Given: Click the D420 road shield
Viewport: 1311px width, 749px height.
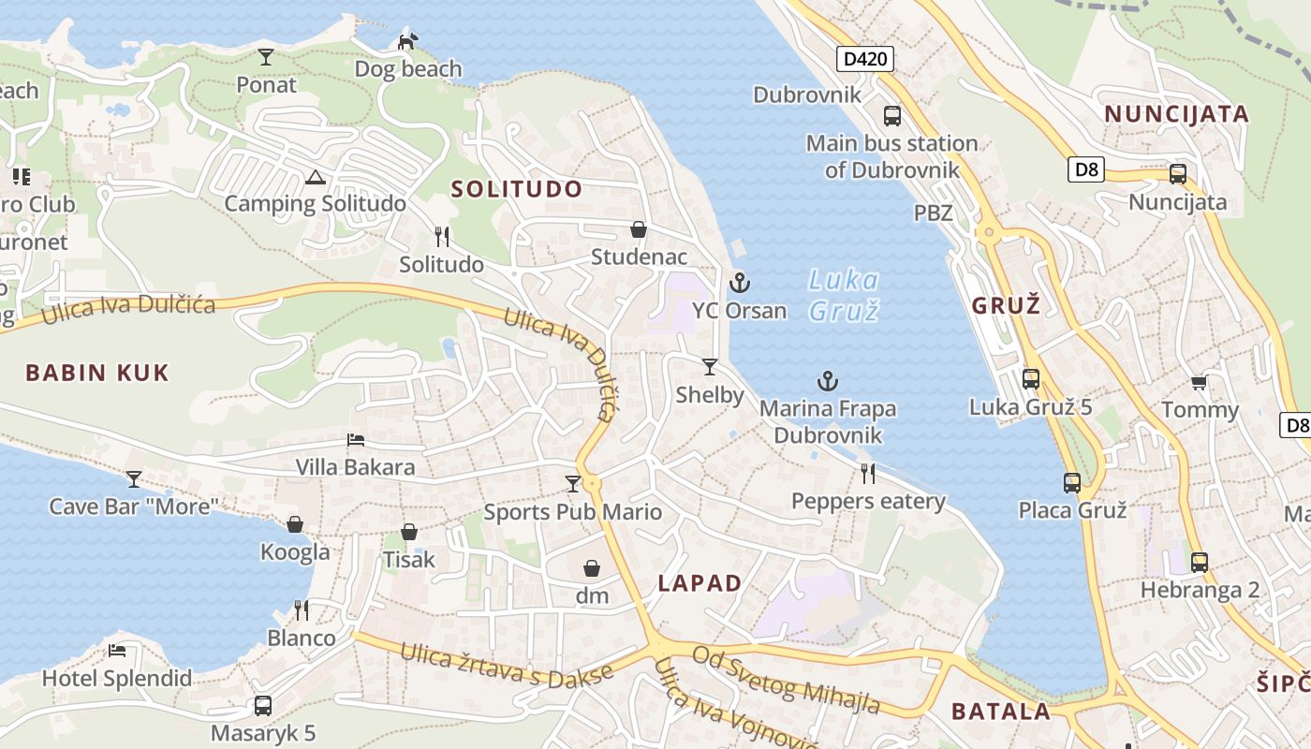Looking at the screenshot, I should tap(864, 60).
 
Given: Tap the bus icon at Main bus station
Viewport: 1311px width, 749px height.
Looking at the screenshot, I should tap(892, 116).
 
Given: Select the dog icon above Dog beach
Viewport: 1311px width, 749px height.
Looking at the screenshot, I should tap(407, 41).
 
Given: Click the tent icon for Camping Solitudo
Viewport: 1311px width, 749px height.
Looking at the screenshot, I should tap(315, 177).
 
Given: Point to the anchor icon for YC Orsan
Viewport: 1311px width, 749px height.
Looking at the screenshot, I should tap(740, 282).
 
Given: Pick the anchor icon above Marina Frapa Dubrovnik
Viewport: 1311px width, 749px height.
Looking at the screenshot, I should tap(828, 381).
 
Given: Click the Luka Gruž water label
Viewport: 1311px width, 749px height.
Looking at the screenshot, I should tap(844, 294).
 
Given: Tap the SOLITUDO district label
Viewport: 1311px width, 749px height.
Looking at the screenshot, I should tap(517, 189).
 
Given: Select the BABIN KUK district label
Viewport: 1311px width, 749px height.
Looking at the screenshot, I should tap(97, 373).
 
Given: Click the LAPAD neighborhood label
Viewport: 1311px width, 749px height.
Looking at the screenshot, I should tap(700, 583).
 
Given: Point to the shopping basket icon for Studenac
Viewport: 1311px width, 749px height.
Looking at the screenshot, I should tap(639, 229).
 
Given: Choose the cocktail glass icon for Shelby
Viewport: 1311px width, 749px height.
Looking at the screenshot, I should tap(710, 366).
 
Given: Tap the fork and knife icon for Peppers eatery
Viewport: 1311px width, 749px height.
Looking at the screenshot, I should tap(868, 474).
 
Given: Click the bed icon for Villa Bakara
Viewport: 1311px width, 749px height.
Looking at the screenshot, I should tap(356, 439).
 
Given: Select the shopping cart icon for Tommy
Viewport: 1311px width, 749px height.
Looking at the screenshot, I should tap(1199, 382).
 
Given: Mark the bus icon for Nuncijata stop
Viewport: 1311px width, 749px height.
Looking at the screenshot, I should tap(1178, 174).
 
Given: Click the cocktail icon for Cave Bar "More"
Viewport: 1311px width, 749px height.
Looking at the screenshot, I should tap(134, 479).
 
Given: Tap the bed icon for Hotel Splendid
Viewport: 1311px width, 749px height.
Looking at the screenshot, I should tap(117, 651).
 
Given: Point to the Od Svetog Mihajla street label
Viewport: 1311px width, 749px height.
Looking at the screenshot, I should tap(787, 680).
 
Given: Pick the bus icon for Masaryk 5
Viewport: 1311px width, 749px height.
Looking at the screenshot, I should tap(263, 705).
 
